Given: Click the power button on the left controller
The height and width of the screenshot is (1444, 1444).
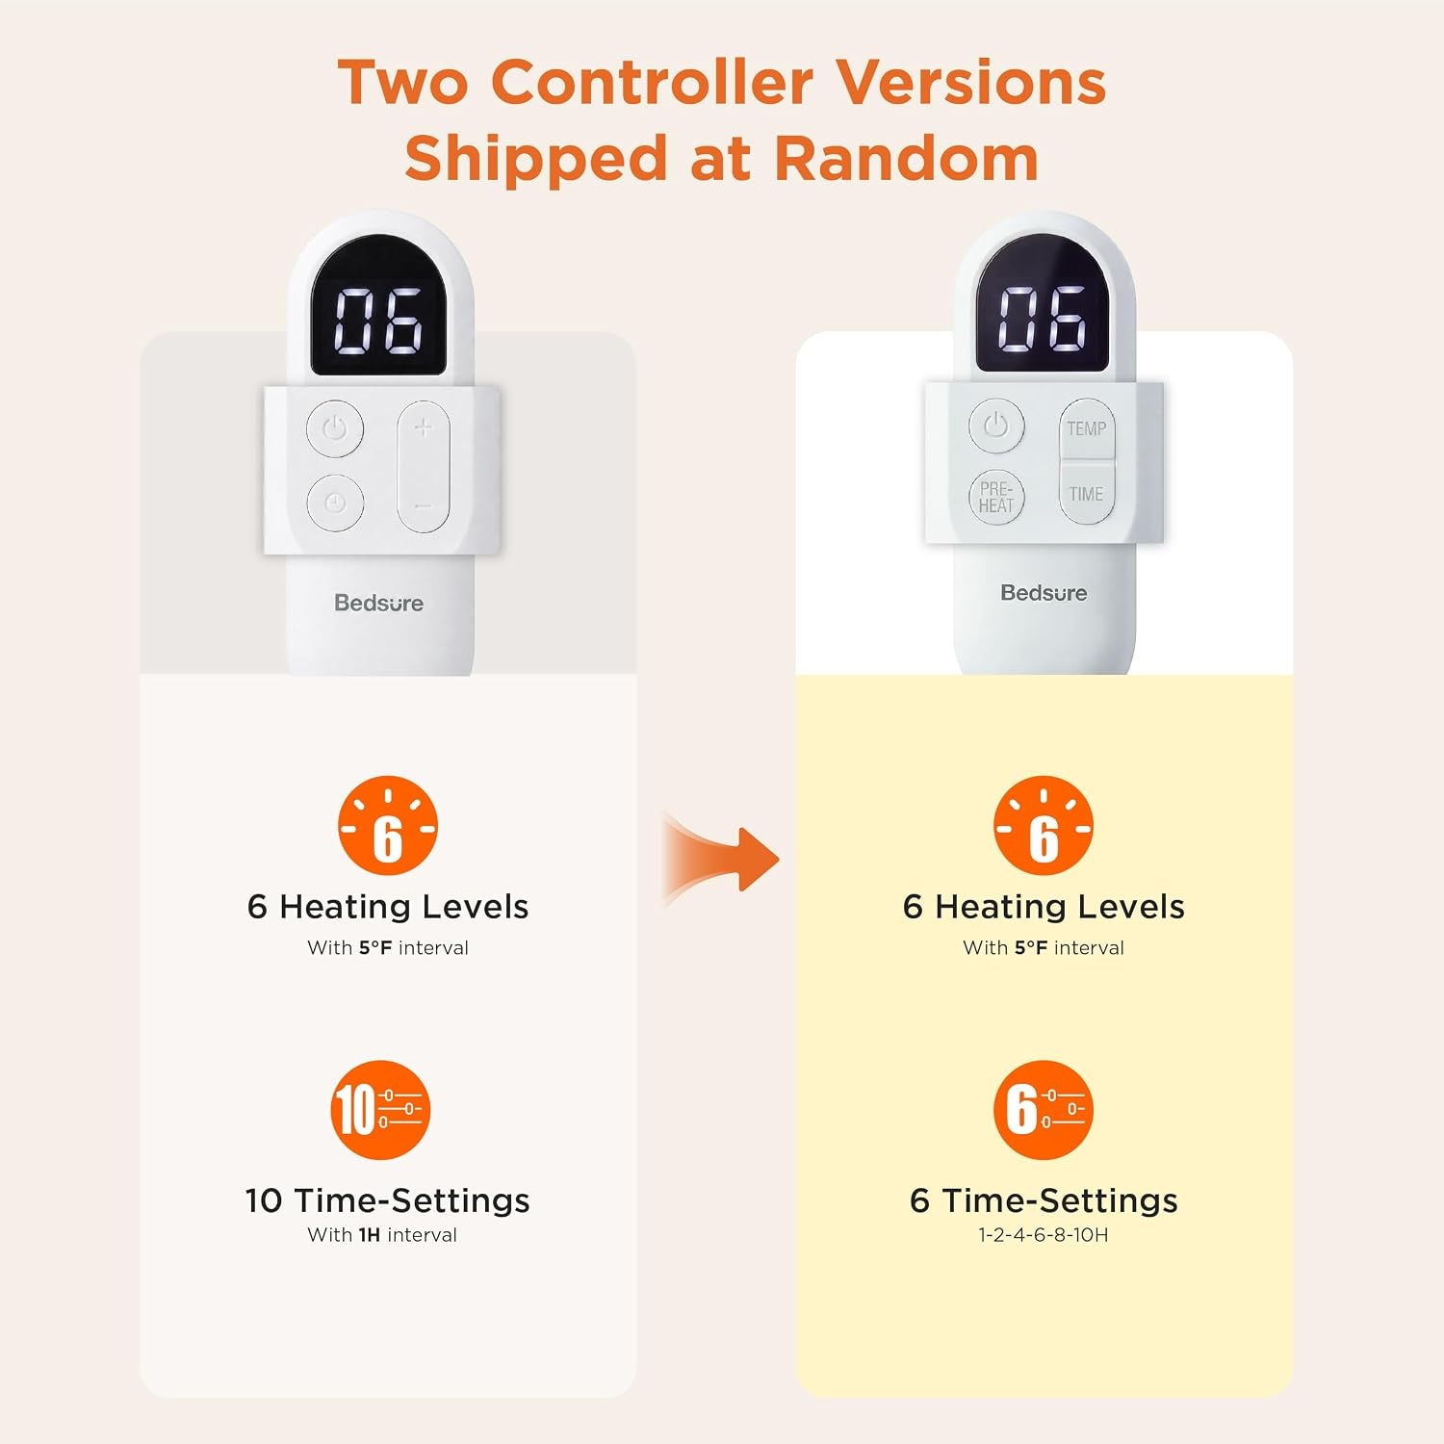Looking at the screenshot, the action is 335,427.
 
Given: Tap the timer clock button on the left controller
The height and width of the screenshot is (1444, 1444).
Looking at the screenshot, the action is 335,503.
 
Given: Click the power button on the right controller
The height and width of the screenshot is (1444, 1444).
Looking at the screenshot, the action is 995,425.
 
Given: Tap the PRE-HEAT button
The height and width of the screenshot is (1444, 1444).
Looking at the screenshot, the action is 995,498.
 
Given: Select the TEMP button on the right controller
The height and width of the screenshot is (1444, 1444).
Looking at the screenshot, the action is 1087,428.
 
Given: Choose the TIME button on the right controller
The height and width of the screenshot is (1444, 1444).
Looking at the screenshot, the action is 1087,493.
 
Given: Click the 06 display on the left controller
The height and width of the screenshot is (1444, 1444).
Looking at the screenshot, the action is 377,320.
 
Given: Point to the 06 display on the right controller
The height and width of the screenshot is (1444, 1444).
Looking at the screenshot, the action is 1043,318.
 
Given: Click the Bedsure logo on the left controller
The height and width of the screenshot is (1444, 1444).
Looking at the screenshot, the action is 378,604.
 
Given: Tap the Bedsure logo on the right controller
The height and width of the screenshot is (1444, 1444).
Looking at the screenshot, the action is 1044,593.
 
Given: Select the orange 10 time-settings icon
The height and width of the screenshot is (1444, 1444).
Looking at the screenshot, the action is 380,1110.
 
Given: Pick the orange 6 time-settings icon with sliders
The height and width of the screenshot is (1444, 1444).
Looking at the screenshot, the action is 1044,1110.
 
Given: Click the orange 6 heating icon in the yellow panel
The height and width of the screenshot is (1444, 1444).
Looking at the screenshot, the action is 1044,826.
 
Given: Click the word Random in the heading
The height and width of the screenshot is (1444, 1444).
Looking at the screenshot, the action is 906,159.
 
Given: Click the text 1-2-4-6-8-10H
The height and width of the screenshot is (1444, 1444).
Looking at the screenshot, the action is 1044,1235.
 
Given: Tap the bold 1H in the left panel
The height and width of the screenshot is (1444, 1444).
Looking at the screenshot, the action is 370,1235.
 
